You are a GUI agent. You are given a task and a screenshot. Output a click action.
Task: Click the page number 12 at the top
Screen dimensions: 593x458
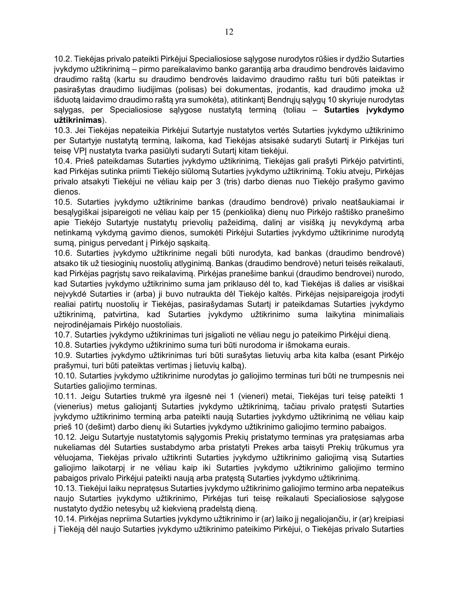229,32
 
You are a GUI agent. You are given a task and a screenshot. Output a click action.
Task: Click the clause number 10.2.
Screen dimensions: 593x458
63,59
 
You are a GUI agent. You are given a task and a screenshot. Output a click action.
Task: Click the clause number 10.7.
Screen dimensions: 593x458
63,335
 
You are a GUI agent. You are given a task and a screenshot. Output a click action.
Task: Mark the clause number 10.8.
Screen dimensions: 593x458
63,345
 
